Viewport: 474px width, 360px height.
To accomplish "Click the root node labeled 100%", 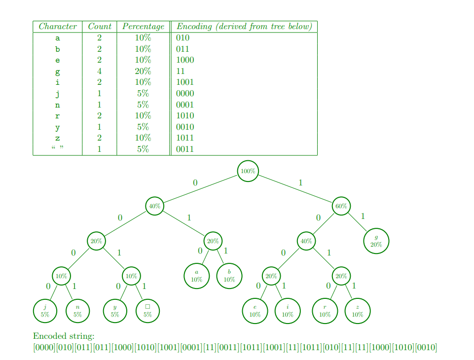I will [x=248, y=171].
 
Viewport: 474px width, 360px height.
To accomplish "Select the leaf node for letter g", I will [x=376, y=241].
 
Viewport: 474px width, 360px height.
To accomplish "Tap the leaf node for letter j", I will [x=45, y=311].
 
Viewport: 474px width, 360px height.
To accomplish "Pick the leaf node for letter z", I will [x=357, y=311].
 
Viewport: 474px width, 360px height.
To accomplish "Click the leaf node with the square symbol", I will [x=147, y=311].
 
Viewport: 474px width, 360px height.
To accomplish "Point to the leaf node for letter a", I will [x=196, y=276].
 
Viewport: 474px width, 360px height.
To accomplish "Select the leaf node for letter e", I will [x=255, y=311].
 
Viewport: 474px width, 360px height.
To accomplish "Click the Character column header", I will [x=58, y=27].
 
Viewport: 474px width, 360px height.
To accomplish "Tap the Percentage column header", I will [x=143, y=27].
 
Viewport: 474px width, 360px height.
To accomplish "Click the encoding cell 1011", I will [x=185, y=138].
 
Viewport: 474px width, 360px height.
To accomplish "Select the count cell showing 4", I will [x=99, y=71].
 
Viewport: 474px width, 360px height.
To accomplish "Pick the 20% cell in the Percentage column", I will [x=143, y=71].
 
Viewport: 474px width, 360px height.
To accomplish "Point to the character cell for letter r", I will [x=58, y=116].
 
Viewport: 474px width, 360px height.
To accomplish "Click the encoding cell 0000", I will [x=185, y=94].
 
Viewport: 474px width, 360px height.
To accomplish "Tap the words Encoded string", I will [x=64, y=336].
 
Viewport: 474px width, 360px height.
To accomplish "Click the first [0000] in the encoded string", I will [x=43, y=348].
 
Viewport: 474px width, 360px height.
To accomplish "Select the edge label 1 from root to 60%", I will [x=300, y=183].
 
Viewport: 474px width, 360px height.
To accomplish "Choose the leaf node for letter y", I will [x=115, y=311].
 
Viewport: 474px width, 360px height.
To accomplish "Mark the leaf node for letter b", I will [x=229, y=276].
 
